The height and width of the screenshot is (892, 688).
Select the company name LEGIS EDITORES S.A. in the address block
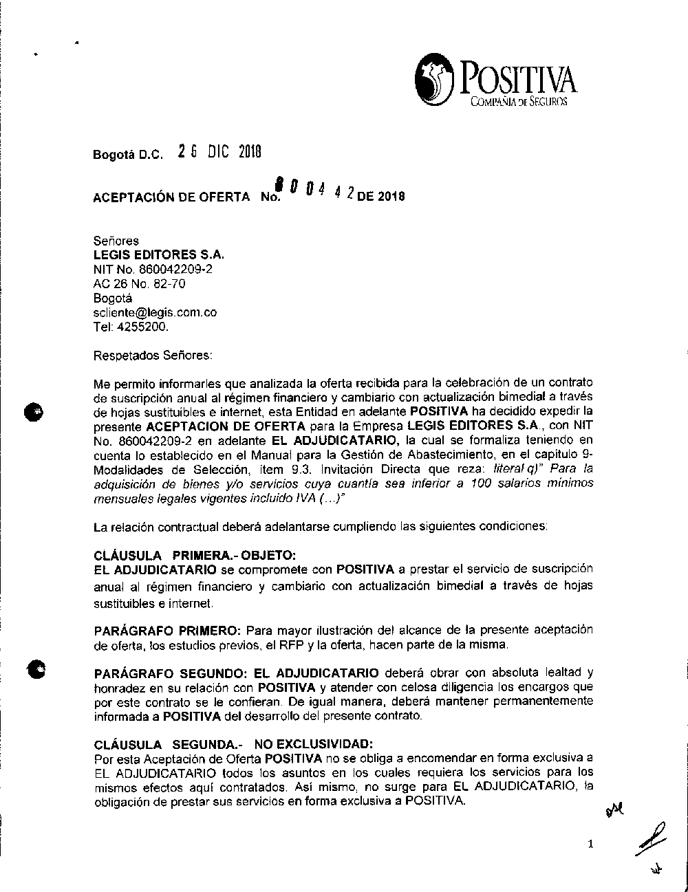tap(159, 254)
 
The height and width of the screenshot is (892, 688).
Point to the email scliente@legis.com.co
tap(155, 312)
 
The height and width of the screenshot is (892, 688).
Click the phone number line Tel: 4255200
tap(131, 327)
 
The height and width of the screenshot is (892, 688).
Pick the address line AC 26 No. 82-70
tap(139, 283)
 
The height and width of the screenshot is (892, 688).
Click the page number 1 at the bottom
tap(590, 845)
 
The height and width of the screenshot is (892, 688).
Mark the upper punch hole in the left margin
tap(33, 411)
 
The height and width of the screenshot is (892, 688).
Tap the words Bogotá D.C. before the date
tap(128, 155)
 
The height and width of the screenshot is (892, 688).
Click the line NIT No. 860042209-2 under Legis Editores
tap(153, 269)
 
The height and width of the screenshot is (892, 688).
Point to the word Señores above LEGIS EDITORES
tap(116, 241)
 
